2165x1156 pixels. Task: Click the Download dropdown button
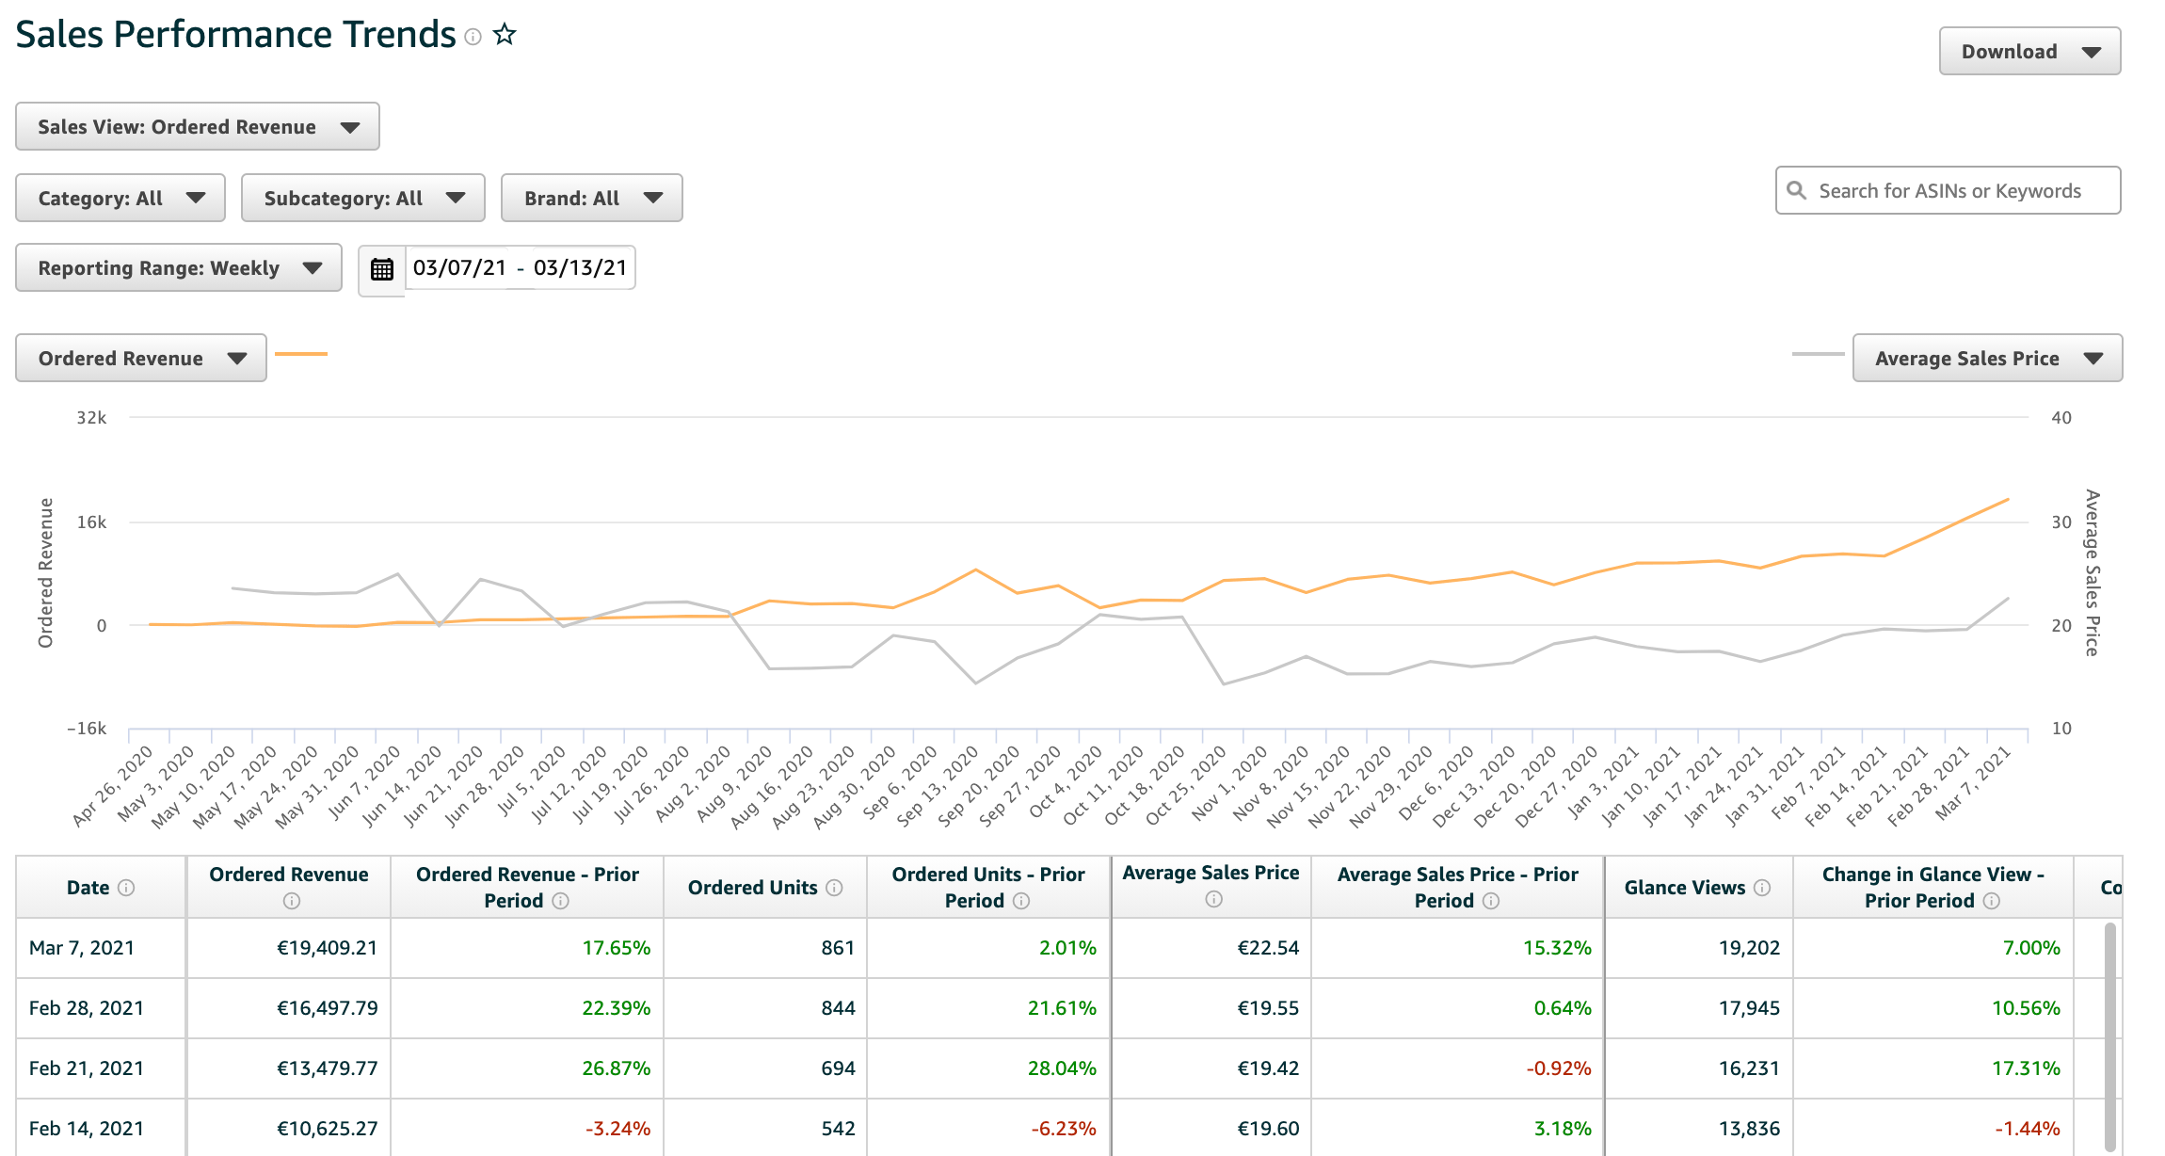coord(2029,52)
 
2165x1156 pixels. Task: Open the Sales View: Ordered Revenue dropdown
coord(198,127)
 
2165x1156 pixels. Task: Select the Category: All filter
coord(120,199)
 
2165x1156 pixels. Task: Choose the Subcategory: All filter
coord(362,199)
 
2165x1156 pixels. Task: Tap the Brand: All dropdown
coord(591,199)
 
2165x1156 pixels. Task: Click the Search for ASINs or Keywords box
coord(1948,191)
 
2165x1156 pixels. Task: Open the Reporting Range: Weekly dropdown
coord(179,268)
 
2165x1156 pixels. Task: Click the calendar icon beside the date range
coord(381,269)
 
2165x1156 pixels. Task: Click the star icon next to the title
coord(505,35)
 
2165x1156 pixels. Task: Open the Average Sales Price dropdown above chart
coord(1986,359)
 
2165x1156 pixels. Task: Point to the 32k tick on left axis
coord(91,418)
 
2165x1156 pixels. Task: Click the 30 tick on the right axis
coord(2061,522)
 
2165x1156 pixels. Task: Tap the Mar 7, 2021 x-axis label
coord(1975,783)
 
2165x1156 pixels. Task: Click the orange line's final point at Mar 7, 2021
coord(2008,500)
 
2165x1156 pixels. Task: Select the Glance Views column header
coord(1685,888)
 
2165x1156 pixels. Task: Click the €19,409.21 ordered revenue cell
coord(327,948)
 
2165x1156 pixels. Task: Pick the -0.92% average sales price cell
coord(1558,1068)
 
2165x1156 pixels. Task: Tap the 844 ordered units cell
coord(838,1008)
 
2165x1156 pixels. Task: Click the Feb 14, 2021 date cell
coord(87,1129)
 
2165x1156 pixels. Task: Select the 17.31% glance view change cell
coord(2026,1068)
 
